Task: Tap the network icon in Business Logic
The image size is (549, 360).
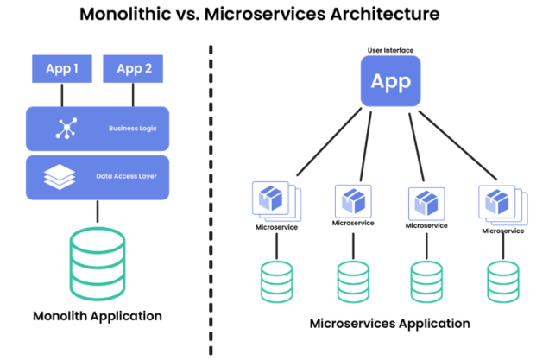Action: (x=66, y=129)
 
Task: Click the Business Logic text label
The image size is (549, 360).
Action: (x=133, y=129)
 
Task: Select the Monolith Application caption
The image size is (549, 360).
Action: (x=97, y=316)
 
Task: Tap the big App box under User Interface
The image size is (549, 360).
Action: (x=390, y=83)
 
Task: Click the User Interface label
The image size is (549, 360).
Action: (x=390, y=49)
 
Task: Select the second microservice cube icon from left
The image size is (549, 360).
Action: (x=352, y=202)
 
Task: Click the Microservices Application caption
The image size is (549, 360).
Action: (x=390, y=324)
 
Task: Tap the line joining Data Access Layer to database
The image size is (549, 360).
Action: (x=98, y=210)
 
